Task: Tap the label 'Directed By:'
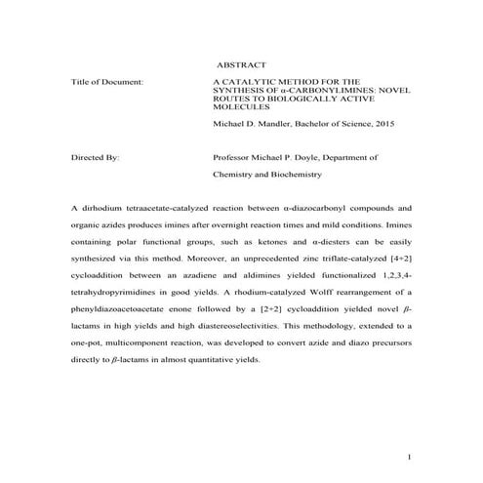pyautogui.click(x=96, y=156)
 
